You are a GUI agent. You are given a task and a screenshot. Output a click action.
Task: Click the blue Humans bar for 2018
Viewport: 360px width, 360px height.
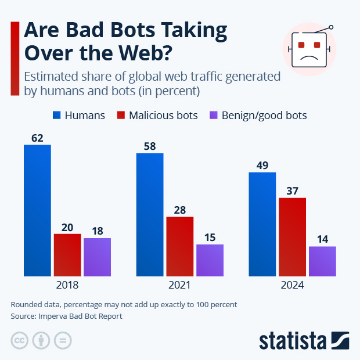pos(37,210)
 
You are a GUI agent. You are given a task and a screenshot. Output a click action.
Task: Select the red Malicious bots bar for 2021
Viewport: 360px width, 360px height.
pos(180,246)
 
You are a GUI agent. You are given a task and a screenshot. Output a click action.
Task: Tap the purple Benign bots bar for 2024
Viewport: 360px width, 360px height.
pos(322,261)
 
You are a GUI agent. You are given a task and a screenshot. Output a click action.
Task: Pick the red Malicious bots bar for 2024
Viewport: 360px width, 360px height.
pos(292,237)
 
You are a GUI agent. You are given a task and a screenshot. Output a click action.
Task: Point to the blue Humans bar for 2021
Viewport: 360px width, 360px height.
pos(150,215)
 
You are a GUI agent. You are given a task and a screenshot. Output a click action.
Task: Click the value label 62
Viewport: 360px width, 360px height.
pos(37,138)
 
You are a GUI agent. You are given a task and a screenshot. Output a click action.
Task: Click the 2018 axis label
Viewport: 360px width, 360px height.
pos(67,286)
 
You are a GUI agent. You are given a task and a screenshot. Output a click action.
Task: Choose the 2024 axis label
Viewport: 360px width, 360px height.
pos(292,286)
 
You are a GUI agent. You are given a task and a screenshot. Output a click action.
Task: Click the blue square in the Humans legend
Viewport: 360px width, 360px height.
pos(57,115)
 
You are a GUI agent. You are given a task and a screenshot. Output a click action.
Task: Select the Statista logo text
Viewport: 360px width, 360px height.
pos(294,340)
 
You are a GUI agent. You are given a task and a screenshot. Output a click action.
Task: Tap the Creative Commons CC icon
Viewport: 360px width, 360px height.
pos(20,340)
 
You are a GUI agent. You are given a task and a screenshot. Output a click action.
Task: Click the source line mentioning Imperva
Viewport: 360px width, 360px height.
pos(67,316)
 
